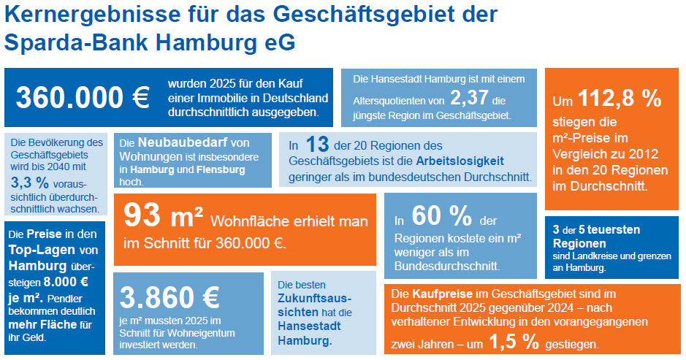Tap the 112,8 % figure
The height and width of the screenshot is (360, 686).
click(620, 99)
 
